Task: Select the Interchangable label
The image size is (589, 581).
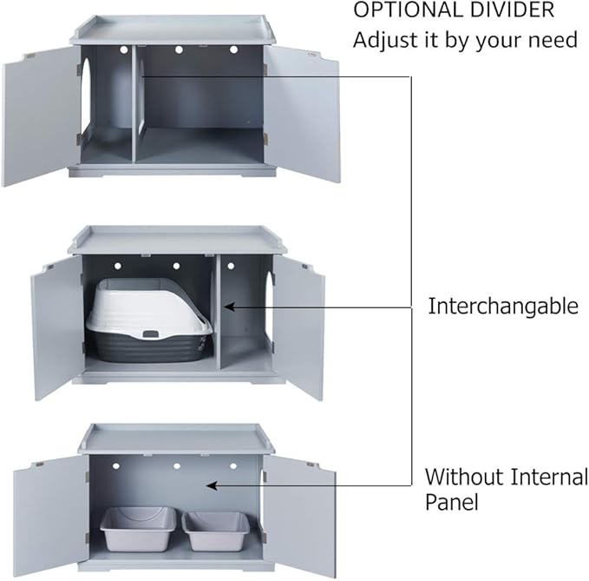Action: (x=502, y=306)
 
